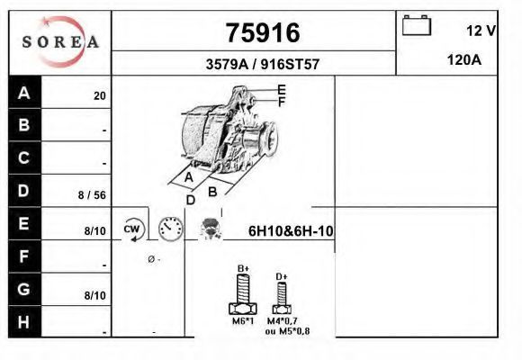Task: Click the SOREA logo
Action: pyautogui.click(x=60, y=41)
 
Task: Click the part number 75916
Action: pyautogui.click(x=263, y=33)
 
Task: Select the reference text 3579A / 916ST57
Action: pyautogui.click(x=263, y=64)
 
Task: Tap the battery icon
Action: pyautogui.click(x=417, y=25)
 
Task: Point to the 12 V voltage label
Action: pyautogui.click(x=481, y=31)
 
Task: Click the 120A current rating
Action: pyautogui.click(x=464, y=60)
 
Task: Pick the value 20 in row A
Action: pyautogui.click(x=100, y=96)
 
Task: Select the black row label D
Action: pyautogui.click(x=24, y=191)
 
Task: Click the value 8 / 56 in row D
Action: pyautogui.click(x=92, y=195)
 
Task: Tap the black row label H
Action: pyautogui.click(x=24, y=322)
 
